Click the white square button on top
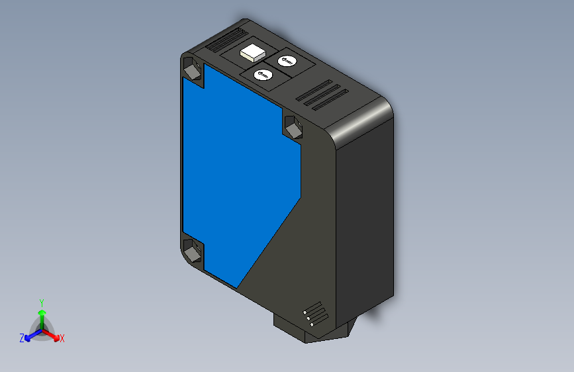(252, 52)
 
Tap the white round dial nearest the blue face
(263, 75)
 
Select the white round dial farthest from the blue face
(287, 62)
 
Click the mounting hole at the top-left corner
(192, 69)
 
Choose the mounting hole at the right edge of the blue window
(293, 126)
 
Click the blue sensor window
(238, 179)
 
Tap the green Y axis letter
(41, 301)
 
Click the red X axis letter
(62, 338)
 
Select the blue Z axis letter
(22, 338)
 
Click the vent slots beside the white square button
(226, 40)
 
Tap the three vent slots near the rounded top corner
(322, 95)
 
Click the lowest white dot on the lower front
(312, 324)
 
